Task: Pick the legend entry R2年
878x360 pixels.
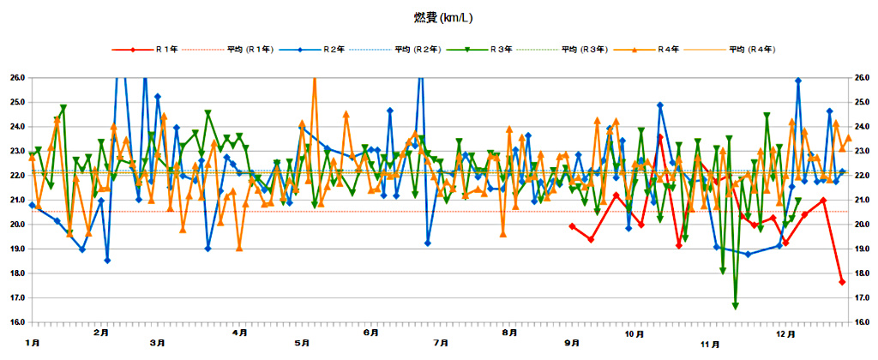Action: [x=333, y=50]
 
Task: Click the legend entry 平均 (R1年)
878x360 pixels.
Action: [x=250, y=50]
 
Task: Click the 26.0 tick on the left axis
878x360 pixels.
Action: [x=16, y=78]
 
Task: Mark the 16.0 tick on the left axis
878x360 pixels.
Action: [x=16, y=322]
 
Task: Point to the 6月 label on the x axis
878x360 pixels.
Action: [x=370, y=332]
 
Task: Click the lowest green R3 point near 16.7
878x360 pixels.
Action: [x=736, y=306]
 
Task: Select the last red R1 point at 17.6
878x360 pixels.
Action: [x=842, y=282]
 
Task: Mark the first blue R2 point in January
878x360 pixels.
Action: [x=33, y=205]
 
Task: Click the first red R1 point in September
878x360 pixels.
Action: [x=572, y=226]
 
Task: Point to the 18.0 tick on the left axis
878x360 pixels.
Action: [x=16, y=273]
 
